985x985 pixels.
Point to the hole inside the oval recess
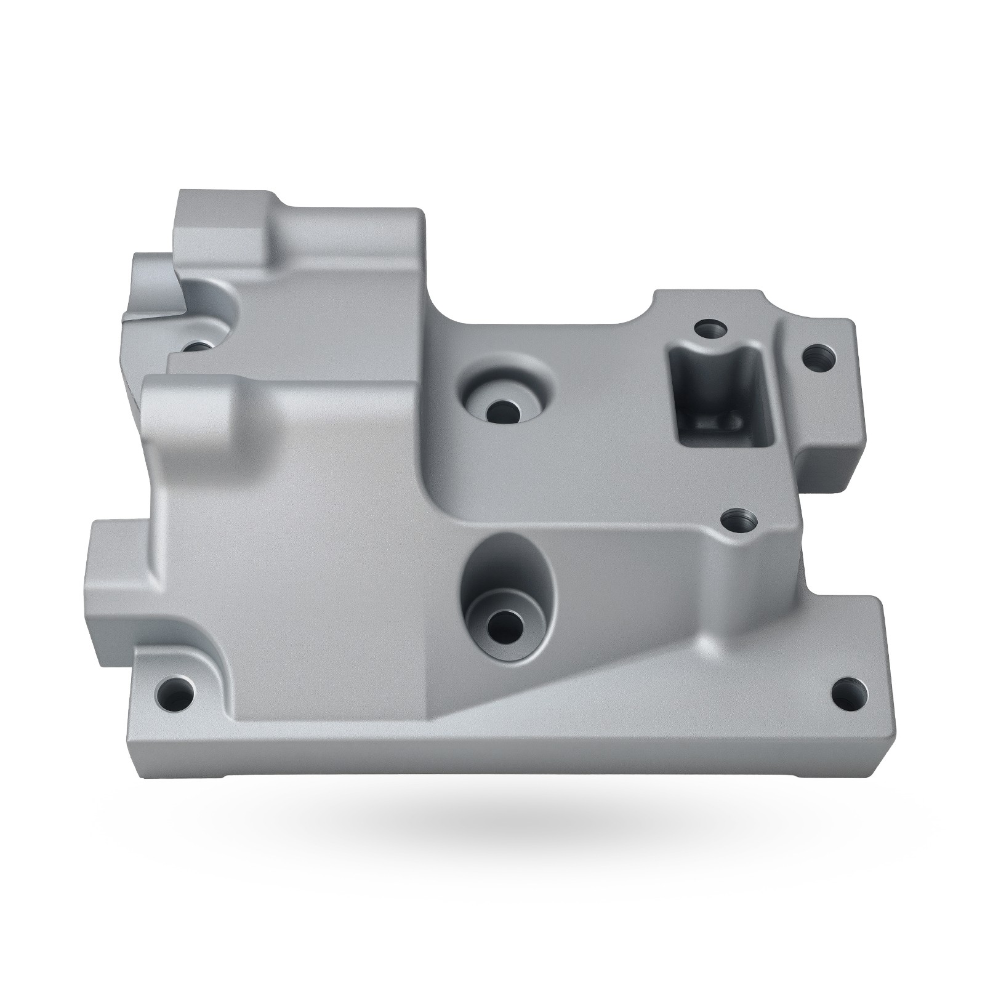505,627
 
